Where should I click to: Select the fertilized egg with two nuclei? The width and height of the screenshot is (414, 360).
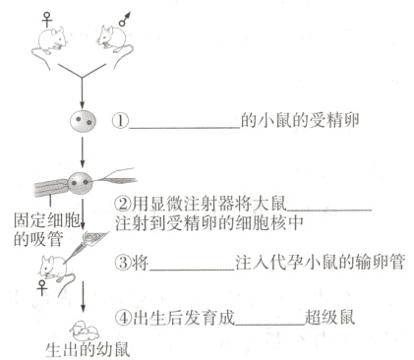81,126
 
